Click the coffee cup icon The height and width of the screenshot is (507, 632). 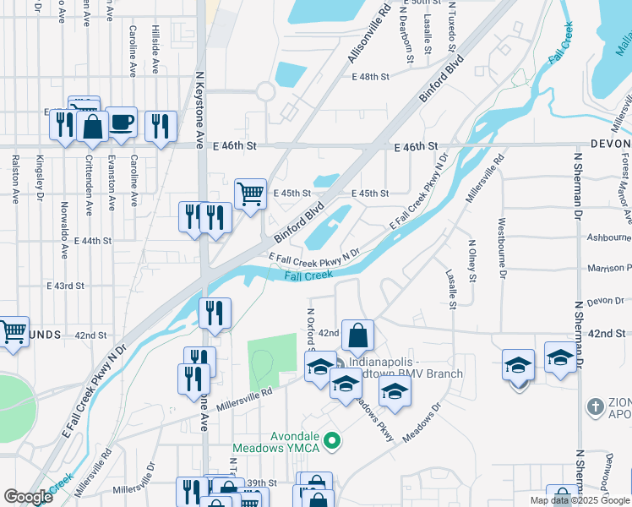point(121,123)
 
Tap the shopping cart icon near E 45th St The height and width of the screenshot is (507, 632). point(250,194)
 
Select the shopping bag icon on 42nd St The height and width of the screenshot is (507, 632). point(358,335)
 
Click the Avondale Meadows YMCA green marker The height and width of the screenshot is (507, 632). point(332,439)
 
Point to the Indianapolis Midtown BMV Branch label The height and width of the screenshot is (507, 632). point(406,368)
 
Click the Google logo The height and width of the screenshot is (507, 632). point(28,497)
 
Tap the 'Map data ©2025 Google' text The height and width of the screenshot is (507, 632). point(580,500)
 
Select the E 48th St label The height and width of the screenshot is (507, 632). point(370,77)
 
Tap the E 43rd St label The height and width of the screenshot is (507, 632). point(66,286)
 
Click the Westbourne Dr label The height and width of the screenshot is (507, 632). point(502,249)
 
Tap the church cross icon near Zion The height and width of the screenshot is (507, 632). point(597,406)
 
